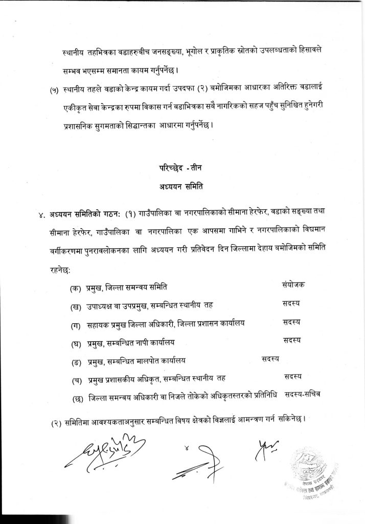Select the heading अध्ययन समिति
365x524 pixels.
pos(182,187)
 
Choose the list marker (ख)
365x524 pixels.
pos(77,306)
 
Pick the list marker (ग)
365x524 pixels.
pos(77,324)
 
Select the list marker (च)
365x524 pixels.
pos(77,379)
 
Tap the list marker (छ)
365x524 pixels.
pos(77,398)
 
